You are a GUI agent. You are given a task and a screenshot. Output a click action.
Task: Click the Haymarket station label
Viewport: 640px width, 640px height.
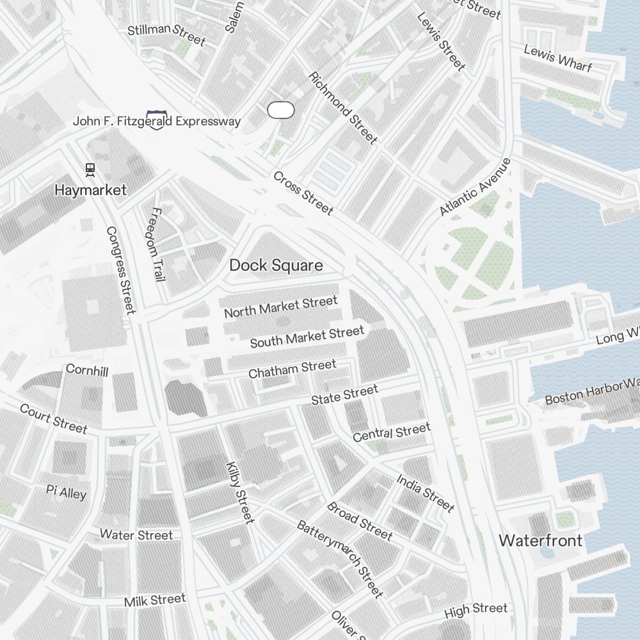coord(90,190)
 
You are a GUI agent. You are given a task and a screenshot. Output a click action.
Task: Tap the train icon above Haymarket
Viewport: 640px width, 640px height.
coord(90,170)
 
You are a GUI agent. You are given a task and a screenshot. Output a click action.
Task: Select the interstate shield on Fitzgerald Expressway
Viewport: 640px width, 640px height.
coord(156,120)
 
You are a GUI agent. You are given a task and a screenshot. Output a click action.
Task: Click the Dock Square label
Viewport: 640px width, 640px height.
coord(276,265)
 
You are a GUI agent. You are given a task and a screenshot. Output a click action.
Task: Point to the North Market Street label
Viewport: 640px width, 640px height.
coord(280,307)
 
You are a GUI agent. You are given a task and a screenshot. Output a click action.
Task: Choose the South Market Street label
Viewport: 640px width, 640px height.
coord(307,337)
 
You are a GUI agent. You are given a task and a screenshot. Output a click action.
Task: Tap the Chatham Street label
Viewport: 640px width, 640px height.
coord(292,369)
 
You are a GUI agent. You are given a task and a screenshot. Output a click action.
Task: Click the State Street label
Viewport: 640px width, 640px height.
coord(344,394)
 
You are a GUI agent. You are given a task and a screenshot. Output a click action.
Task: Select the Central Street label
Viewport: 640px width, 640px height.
coord(391,433)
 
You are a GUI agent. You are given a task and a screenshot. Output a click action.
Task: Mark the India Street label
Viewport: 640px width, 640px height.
coord(425,493)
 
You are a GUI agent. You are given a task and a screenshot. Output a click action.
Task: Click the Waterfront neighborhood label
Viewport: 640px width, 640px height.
coord(540,541)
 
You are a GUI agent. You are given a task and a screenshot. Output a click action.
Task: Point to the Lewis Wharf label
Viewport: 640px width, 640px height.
coord(557,58)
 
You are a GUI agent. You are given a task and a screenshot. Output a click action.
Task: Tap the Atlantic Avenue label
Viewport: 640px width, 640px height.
coord(476,187)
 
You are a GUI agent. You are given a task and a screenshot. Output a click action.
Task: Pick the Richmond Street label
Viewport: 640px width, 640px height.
coord(343,108)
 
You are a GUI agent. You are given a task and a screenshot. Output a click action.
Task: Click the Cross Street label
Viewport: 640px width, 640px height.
coord(303,193)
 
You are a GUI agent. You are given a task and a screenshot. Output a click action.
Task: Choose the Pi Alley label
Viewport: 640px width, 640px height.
coord(66,492)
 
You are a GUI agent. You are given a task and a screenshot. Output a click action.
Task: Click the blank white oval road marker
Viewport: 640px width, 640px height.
coord(280,110)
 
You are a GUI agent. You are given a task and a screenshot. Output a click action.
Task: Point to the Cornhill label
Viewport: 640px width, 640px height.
coord(87,371)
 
